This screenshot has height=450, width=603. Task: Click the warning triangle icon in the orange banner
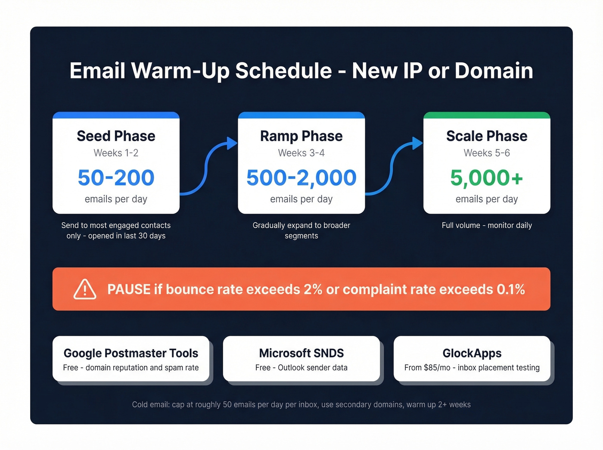85,289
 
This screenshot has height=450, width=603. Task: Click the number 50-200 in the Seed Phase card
116,178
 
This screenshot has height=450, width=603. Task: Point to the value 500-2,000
301,178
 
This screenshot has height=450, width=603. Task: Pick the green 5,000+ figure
486,178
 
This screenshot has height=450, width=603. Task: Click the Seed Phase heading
116,136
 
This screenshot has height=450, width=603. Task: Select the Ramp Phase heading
301,136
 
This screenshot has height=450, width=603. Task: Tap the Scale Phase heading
487,136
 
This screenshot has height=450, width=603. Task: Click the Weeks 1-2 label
116,153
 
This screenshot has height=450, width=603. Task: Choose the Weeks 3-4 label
301,153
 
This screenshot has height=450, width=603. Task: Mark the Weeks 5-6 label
487,153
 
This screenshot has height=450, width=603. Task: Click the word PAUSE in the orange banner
129,289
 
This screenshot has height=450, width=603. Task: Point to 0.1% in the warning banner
511,289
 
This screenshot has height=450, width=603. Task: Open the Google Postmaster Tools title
131,353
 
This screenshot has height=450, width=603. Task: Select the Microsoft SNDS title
301,353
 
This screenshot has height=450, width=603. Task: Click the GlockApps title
472,353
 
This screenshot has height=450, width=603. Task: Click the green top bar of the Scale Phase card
487,115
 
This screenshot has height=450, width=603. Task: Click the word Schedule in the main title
283,71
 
